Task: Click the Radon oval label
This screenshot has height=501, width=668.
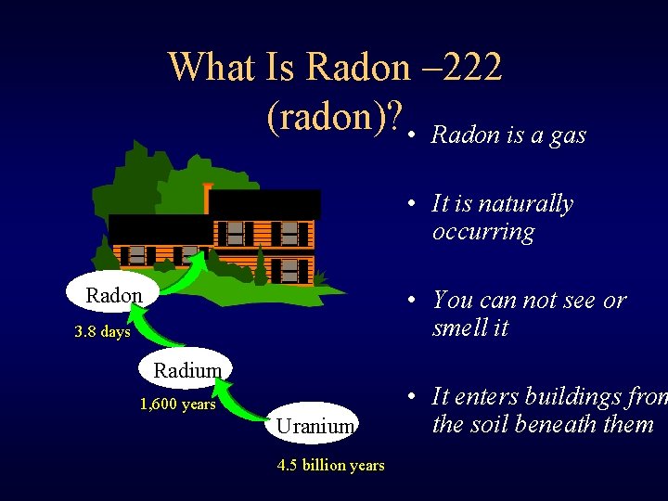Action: click(x=114, y=295)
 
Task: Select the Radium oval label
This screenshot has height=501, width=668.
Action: click(x=187, y=370)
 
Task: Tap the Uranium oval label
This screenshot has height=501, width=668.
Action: click(x=315, y=425)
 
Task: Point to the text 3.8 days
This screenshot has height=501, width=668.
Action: click(x=102, y=332)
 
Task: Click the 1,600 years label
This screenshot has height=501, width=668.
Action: click(x=177, y=404)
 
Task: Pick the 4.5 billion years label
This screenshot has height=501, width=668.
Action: click(x=330, y=465)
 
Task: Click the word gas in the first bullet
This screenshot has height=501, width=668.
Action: click(x=568, y=135)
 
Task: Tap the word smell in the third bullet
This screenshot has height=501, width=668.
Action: click(x=463, y=328)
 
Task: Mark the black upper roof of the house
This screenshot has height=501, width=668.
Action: click(x=264, y=203)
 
